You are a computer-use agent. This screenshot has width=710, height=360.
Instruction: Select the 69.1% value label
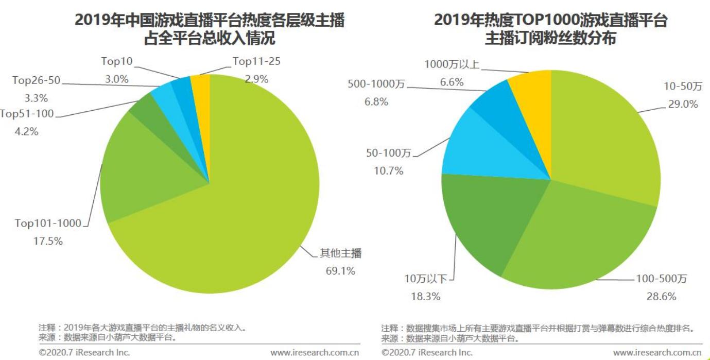tap(340, 271)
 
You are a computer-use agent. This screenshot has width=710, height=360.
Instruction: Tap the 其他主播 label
tap(341, 253)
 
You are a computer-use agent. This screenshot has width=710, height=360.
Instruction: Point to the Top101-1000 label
tap(48, 223)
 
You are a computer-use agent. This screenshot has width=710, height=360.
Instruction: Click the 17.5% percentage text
tap(48, 241)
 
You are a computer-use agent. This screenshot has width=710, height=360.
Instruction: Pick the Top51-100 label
tap(27, 114)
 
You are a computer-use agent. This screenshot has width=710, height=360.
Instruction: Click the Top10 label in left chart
tap(116, 61)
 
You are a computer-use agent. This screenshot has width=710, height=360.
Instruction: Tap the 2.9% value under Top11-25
tap(256, 79)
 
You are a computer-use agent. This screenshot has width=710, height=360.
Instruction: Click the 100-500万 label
tap(661, 279)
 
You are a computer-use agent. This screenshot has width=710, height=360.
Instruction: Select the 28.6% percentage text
tap(661, 297)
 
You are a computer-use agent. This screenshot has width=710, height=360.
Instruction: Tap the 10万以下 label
tap(425, 279)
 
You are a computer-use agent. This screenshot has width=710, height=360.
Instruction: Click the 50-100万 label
tap(388, 153)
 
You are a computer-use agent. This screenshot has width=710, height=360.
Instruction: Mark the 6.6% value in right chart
tap(451, 82)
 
